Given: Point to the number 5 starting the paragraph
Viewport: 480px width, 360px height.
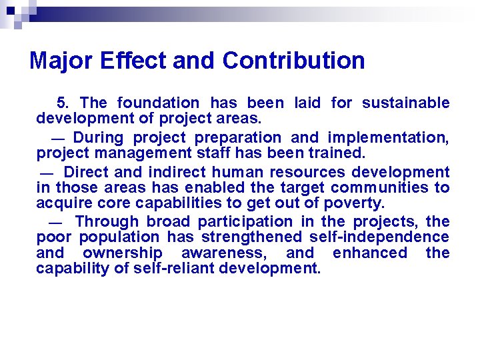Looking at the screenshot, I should click(62, 103).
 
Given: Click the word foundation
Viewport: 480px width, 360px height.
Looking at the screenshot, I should click(158, 103).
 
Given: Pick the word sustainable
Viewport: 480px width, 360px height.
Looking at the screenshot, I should click(406, 103).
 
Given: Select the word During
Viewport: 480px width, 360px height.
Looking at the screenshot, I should click(99, 138).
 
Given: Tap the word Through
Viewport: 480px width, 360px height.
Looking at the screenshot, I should click(107, 221).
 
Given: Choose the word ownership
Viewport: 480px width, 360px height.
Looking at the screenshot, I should click(123, 253).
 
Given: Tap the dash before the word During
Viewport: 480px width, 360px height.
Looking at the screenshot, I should click(58, 139).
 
